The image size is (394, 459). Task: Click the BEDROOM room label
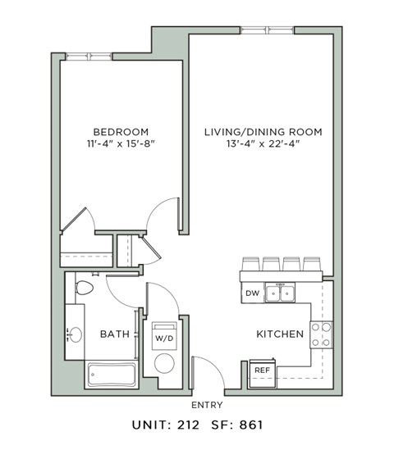tap(120, 132)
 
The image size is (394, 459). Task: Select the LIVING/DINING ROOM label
tap(263, 132)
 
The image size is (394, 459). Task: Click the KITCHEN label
tap(281, 334)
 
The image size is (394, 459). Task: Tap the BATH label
tap(114, 334)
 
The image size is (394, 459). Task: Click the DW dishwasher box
tap(252, 293)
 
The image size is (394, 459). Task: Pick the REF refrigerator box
tap(262, 370)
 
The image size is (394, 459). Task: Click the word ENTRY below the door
tap(207, 405)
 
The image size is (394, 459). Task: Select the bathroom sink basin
tap(75, 334)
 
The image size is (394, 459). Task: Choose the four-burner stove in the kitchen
tap(322, 334)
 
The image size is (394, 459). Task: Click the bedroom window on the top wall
tap(89, 56)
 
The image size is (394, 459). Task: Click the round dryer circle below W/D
tap(164, 363)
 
